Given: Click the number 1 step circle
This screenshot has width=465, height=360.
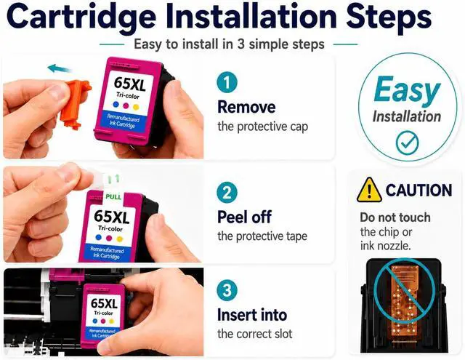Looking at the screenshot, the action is tap(227, 82).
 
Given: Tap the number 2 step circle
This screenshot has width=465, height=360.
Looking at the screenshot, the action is tap(227, 192).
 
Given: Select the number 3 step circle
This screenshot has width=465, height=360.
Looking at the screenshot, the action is tap(227, 291).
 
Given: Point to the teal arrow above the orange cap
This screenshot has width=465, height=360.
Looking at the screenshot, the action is tap(60, 69).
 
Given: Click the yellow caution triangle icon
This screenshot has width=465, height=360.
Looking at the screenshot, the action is tap(369, 190).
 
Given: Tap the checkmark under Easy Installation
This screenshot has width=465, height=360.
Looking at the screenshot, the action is tap(407, 143).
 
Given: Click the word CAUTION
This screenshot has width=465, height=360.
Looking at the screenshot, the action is tap(418, 191).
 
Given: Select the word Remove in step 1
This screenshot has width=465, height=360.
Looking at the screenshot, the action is tap(246, 107).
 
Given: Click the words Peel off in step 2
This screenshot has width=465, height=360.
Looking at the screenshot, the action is tap(244, 217).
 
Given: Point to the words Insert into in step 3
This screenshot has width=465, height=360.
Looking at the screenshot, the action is tap(252, 315).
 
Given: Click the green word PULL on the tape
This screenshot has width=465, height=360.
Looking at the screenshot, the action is tap(113, 197).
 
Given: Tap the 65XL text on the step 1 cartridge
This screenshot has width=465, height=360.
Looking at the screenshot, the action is tap(130, 84).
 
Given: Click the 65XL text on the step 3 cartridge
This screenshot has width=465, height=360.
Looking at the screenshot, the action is tap(104, 303).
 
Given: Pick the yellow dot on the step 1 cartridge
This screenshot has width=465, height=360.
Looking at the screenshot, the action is tap(136, 107).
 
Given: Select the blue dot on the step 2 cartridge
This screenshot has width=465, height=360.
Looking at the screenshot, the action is tap(99, 237).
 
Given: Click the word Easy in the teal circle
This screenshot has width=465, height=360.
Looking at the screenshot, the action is tap(407, 90).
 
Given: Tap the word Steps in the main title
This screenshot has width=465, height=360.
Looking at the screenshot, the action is tap(389, 17).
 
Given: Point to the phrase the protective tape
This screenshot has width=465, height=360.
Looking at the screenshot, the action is tap(262, 236).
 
